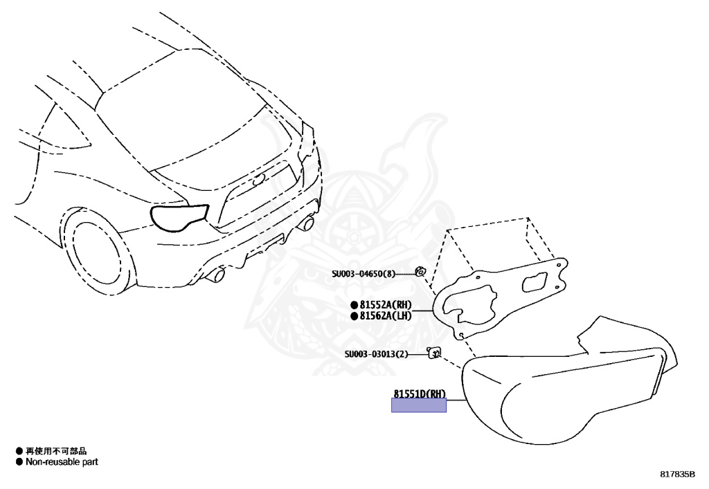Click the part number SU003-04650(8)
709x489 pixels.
(x=363, y=273)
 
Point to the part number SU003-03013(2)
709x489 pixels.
(x=376, y=355)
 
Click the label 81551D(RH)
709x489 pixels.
(x=420, y=394)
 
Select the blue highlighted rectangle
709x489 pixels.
(x=419, y=406)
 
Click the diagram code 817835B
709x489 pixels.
(x=677, y=474)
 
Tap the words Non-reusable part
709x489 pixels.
(x=62, y=461)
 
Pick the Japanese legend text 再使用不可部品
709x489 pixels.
(x=56, y=451)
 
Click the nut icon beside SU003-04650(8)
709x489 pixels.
(x=420, y=271)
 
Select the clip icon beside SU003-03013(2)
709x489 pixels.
(x=434, y=353)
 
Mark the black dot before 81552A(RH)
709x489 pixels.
(x=354, y=304)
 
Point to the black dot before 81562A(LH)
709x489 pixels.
(x=354, y=316)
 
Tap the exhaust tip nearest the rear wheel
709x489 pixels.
(x=217, y=275)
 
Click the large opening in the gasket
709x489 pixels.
(x=472, y=304)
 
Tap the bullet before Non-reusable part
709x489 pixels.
(x=19, y=461)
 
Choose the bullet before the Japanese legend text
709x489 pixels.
(x=19, y=451)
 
